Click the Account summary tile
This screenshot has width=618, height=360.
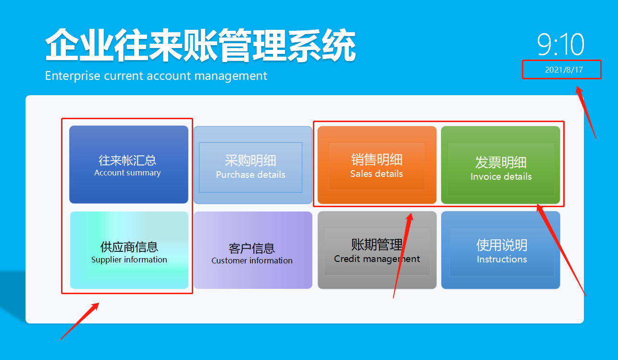pos(128,164)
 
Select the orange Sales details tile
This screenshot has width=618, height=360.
pos(377,165)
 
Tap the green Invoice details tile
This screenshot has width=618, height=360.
pos(501,165)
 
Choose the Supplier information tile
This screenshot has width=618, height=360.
pos(129,250)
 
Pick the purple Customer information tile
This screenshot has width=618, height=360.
pos(253,250)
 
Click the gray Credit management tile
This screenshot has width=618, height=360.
pos(377,250)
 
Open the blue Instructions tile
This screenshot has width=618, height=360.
pos(501,250)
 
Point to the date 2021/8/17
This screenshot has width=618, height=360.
pos(564,70)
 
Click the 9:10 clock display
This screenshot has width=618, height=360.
pos(560,45)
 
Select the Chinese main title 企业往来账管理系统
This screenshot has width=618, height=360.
pos(200,46)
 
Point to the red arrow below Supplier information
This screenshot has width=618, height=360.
pos(80,321)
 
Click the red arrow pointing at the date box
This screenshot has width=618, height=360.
pos(586,112)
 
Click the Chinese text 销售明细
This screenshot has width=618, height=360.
pos(377,160)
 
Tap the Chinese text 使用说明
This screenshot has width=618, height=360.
pos(502,245)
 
